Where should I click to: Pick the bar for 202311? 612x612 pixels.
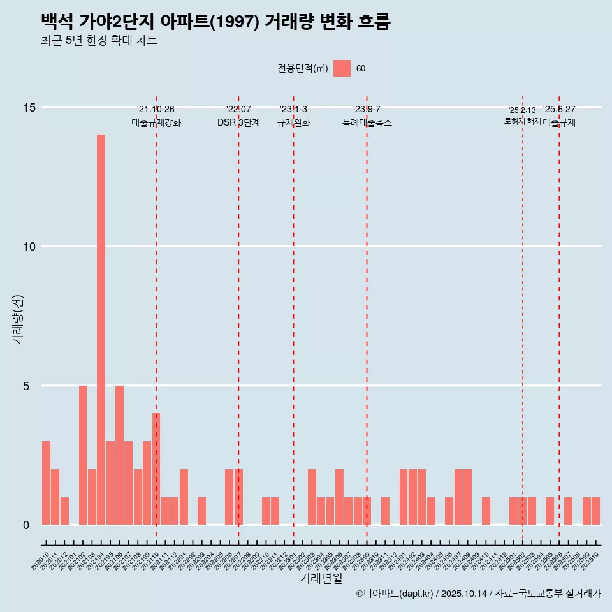(385, 511)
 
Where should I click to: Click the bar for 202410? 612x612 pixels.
(486, 511)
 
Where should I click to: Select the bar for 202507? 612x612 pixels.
(568, 511)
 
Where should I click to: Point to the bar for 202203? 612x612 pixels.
(201, 511)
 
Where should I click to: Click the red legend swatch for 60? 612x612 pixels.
(342, 68)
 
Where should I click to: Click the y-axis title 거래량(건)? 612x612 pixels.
(18, 319)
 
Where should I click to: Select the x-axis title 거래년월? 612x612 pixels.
(321, 579)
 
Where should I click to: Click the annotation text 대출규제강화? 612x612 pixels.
(156, 122)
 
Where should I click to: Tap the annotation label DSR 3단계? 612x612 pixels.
(238, 122)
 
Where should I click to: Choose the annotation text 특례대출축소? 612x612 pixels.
(367, 122)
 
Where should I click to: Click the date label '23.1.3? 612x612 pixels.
(293, 110)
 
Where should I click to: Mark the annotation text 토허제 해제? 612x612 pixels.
(522, 121)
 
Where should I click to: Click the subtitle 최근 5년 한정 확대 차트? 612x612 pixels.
(99, 41)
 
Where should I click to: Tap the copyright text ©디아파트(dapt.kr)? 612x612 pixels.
(395, 594)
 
